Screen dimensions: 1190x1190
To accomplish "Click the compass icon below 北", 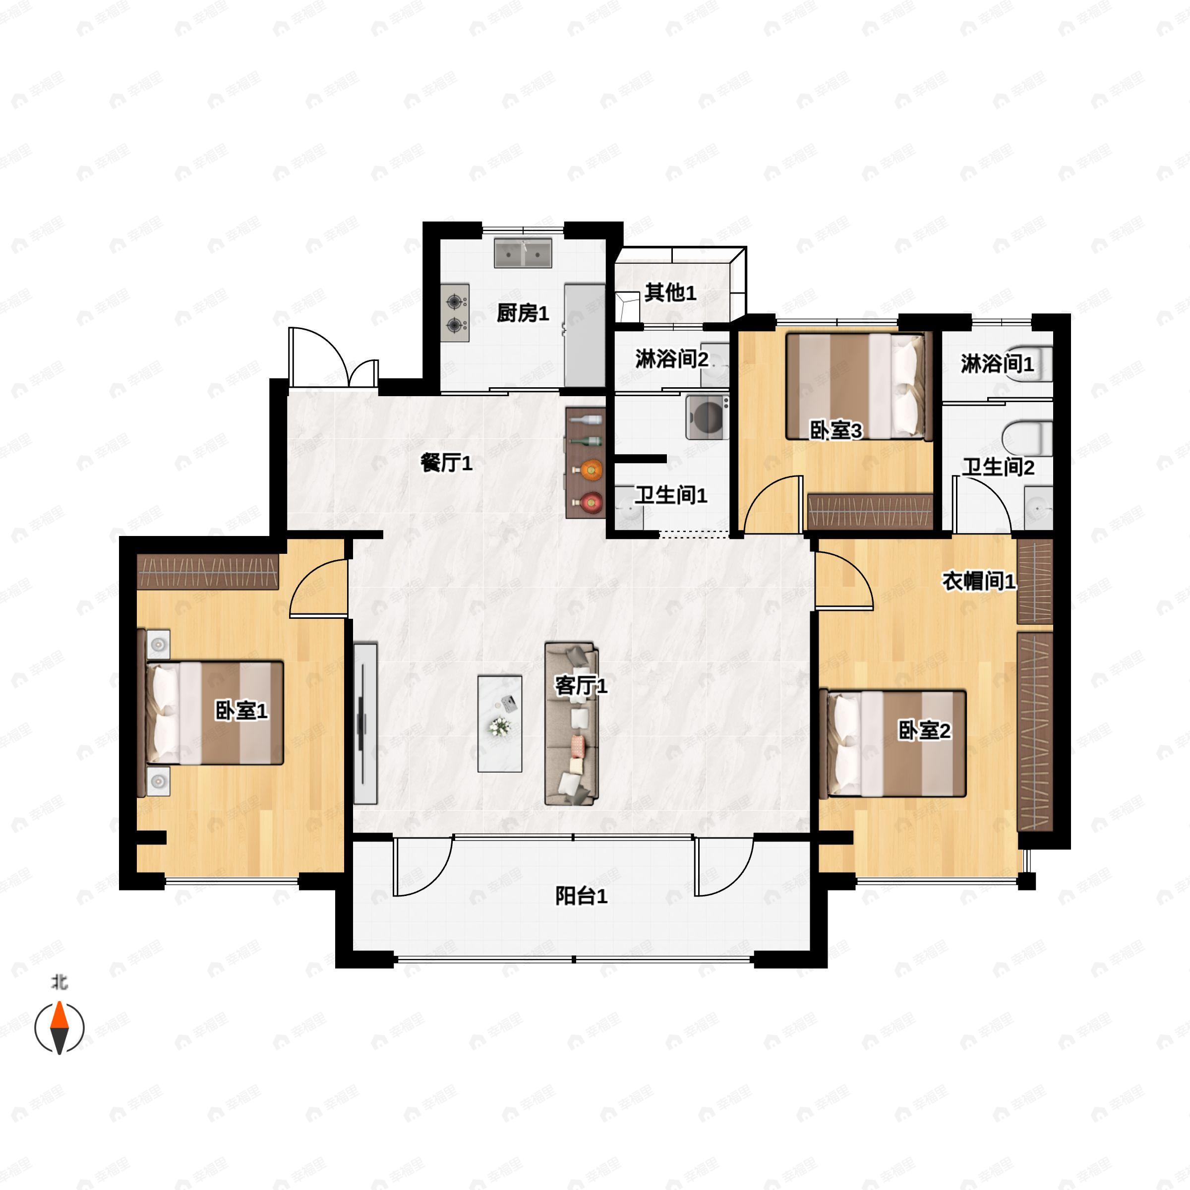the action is pos(59,1027).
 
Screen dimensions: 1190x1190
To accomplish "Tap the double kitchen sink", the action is pos(523,253).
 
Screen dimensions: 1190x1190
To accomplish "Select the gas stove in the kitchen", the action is pos(455,313).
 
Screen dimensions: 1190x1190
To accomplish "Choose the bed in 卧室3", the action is pos(855,386).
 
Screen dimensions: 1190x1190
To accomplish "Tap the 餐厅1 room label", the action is pos(447,463).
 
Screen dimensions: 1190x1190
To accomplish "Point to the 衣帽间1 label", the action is pos(979,580).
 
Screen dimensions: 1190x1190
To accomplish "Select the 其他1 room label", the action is pos(670,293).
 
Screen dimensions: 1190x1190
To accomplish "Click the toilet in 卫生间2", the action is pos(1027,438).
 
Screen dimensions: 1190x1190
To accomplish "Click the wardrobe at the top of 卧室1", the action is pos(208,572).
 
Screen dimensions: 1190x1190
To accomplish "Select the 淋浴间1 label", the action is pos(997,363).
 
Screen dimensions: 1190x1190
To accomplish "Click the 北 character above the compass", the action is pos(59,982).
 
